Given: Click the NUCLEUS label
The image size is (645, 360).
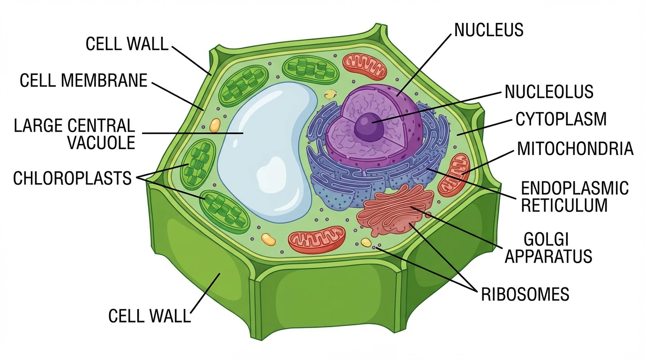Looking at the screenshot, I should (x=488, y=30).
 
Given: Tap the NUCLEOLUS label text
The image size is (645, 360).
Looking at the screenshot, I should (x=549, y=92).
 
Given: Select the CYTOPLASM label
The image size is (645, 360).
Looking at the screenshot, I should (x=561, y=119).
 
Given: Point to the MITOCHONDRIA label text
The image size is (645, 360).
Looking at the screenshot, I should (x=575, y=149).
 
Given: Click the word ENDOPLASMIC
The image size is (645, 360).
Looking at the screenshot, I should (x=575, y=188).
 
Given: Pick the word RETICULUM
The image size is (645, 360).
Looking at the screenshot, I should (x=564, y=205).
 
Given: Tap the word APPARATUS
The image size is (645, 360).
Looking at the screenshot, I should (x=548, y=256).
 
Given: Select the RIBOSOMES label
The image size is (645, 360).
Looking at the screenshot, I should (x=525, y=294).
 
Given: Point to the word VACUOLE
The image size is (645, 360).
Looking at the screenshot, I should (x=101, y=142).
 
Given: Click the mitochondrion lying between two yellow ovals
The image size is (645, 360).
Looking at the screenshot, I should (x=317, y=240).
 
